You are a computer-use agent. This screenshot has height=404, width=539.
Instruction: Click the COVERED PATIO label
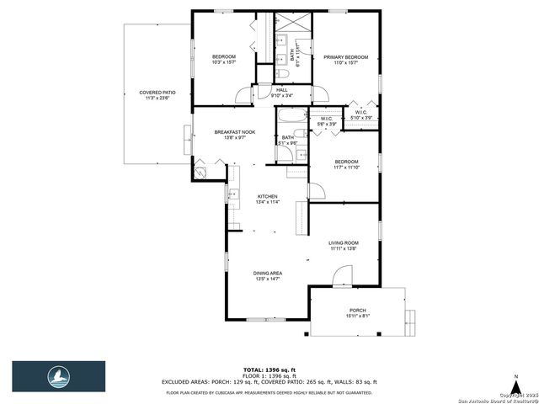click(x=157, y=93)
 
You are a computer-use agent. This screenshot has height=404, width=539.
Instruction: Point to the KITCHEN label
click(x=267, y=196)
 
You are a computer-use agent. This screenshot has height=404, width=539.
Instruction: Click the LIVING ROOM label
click(x=344, y=243)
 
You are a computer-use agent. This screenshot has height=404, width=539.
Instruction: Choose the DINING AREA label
click(x=268, y=274)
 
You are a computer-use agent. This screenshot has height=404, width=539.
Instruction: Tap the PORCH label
click(x=358, y=312)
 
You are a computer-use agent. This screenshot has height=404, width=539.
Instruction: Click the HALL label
click(x=282, y=90)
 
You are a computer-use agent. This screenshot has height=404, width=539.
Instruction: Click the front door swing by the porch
click(x=342, y=275)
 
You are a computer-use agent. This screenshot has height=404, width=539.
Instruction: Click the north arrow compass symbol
click(x=514, y=378)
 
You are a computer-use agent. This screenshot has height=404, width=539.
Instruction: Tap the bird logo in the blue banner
click(x=58, y=375)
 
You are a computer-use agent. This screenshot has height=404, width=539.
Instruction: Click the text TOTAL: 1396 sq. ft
click(x=269, y=369)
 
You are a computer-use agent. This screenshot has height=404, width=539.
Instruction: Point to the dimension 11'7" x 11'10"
click(x=347, y=167)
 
